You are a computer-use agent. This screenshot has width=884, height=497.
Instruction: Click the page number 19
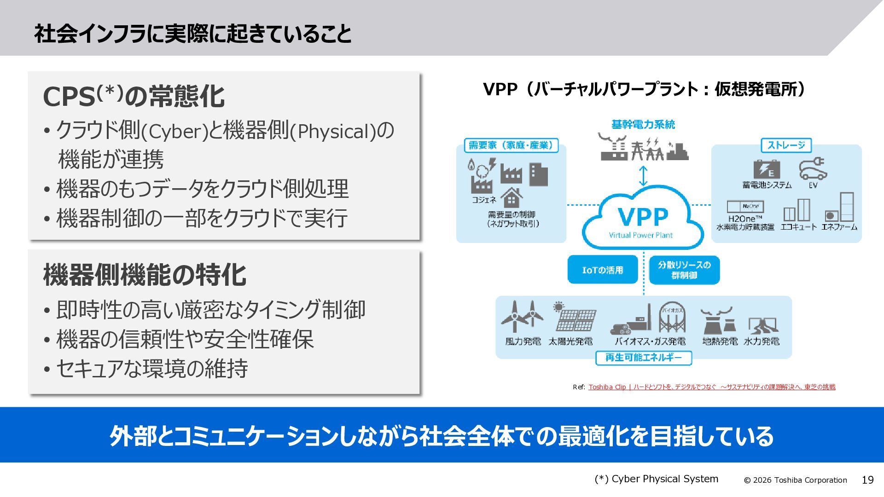pos(867,480)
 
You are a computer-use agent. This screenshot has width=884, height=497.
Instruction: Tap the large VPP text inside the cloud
pos(643,217)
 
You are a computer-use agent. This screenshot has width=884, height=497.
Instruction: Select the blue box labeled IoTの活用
pos(603,270)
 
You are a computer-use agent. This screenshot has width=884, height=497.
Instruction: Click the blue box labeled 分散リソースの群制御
pos(684,270)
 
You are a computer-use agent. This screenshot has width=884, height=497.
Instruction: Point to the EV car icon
pos(813,169)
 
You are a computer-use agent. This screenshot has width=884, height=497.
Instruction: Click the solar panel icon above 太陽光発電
pos(575,317)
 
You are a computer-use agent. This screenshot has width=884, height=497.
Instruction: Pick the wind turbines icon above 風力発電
pos(523,316)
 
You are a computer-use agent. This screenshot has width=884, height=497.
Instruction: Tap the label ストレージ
pos(786,145)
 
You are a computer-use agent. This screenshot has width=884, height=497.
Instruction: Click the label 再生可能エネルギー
pos(644,358)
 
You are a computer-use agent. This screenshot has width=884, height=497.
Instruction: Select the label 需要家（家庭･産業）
pos(511,145)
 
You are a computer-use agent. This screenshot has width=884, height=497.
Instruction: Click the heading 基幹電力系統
pos(643,124)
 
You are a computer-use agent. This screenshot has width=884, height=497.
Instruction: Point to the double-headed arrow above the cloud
pos(643,176)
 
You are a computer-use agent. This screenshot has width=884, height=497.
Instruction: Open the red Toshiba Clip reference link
pos(712,387)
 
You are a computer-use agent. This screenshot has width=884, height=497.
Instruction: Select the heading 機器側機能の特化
pos(145,275)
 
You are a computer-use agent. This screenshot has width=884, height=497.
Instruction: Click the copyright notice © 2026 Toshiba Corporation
pos(796,480)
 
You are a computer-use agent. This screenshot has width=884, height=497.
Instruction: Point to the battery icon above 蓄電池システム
pos(767,169)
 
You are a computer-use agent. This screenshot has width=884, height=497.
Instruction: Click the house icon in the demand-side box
pos(512,198)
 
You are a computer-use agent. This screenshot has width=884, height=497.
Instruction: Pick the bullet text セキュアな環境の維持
pos(152,369)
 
